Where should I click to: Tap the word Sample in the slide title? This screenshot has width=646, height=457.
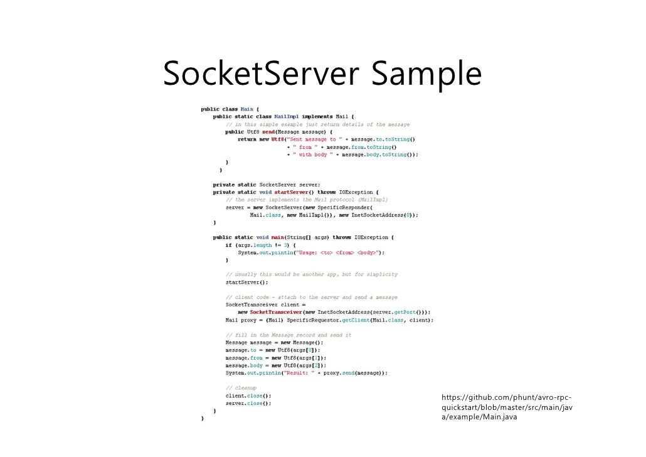[x=426, y=75]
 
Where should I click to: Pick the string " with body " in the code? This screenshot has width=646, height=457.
[x=313, y=154]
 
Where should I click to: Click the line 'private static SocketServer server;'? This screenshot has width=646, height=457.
[x=267, y=185]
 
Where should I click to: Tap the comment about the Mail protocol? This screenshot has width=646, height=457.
[x=307, y=200]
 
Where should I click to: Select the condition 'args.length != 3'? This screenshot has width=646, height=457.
[x=262, y=245]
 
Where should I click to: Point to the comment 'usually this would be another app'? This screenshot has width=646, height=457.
[x=311, y=275]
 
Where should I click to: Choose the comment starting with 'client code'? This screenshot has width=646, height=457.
[x=311, y=297]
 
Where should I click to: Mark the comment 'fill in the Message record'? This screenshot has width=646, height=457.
[x=289, y=335]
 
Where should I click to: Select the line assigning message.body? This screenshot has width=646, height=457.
[x=276, y=365]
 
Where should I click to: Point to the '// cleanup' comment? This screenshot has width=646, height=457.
[x=241, y=388]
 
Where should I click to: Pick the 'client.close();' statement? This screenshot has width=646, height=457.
[x=248, y=396]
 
